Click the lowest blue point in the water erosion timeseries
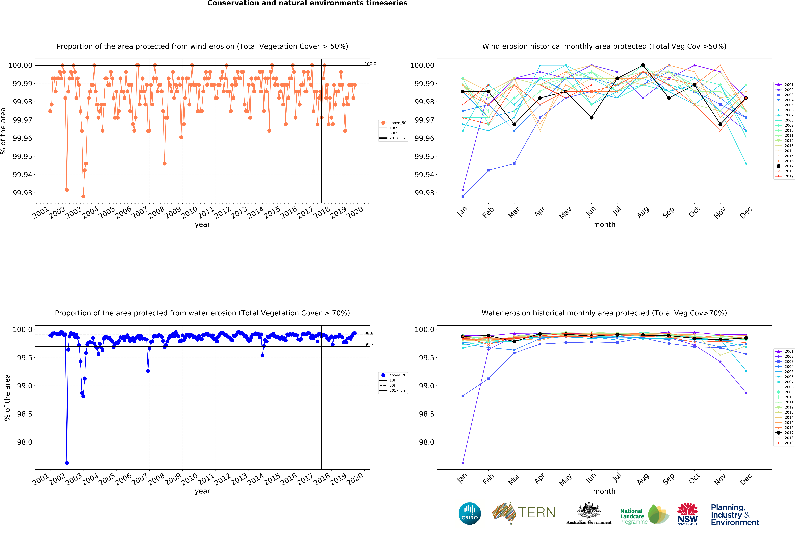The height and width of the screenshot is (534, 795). pyautogui.click(x=67, y=463)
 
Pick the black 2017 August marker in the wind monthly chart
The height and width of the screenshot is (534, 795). pyautogui.click(x=643, y=65)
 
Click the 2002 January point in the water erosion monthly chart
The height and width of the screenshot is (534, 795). pyautogui.click(x=463, y=463)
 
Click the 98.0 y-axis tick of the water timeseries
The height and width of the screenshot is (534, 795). pyautogui.click(x=25, y=442)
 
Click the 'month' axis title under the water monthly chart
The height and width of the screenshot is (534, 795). pyautogui.click(x=604, y=491)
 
